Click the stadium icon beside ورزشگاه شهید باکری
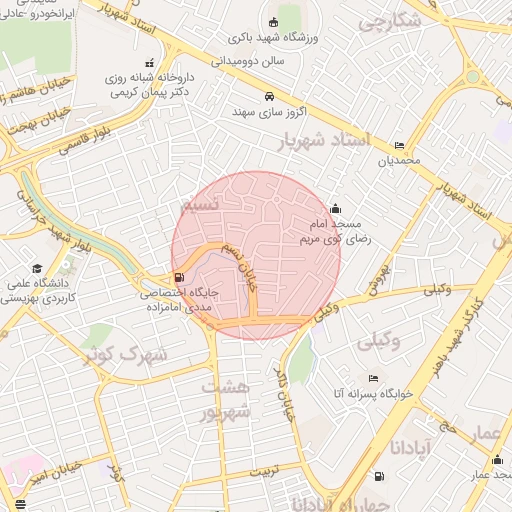click(x=272, y=23)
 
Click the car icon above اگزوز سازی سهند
click(x=269, y=97)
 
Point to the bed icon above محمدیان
click(x=400, y=145)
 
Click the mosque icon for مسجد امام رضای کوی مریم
click(x=335, y=209)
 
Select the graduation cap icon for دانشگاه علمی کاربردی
click(x=38, y=269)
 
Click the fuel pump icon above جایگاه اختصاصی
click(x=179, y=277)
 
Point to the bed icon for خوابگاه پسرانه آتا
click(x=374, y=379)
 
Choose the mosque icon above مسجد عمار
click(x=498, y=459)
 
